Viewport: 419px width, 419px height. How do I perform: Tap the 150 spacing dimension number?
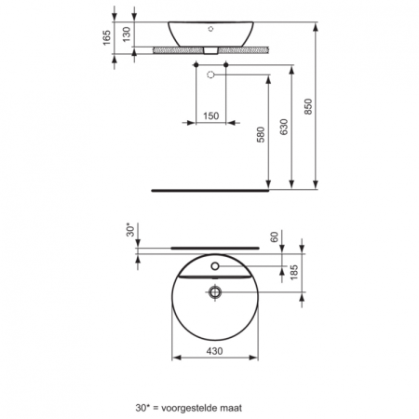[212, 115]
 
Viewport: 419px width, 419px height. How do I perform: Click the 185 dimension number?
[294, 274]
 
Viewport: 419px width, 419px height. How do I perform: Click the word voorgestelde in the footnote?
[195, 407]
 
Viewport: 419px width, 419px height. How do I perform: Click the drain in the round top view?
[215, 292]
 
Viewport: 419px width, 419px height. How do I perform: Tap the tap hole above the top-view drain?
[215, 266]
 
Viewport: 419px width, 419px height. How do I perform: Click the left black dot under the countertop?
[198, 65]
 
